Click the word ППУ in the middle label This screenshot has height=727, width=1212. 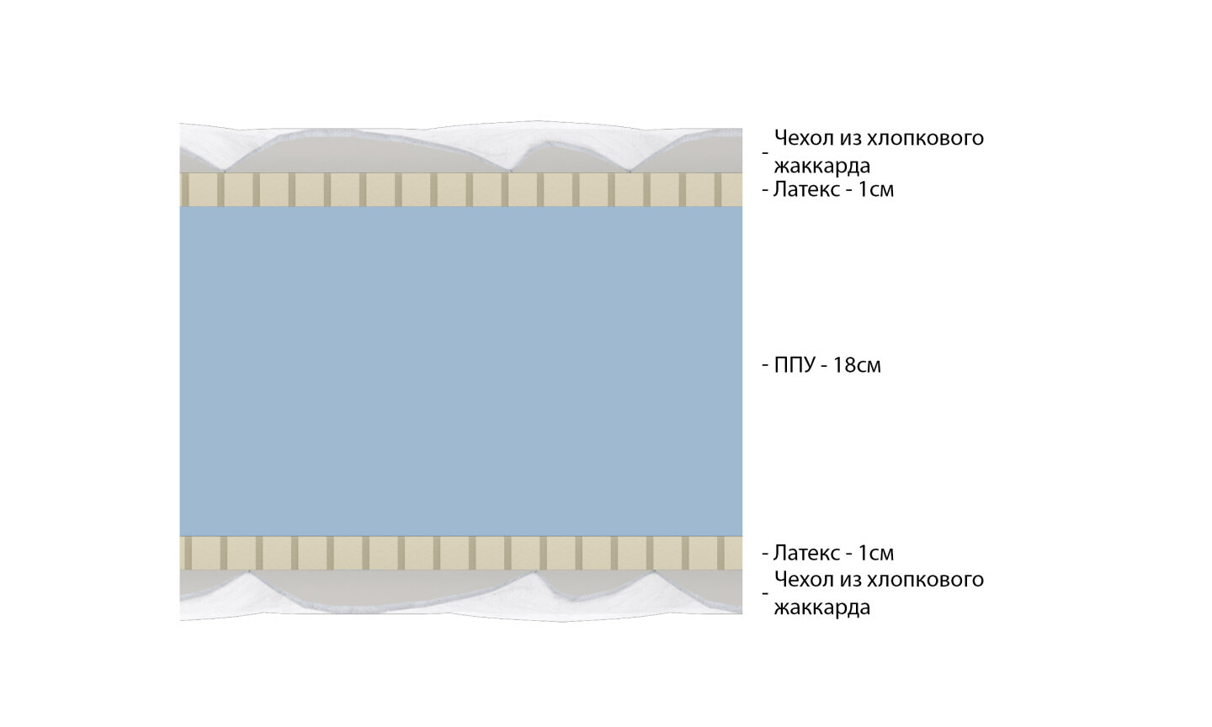click(795, 366)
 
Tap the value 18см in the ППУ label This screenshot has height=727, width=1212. click(857, 366)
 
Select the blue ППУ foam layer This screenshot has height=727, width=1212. click(460, 370)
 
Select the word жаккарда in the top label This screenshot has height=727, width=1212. click(821, 165)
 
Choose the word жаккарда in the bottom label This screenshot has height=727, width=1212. click(821, 608)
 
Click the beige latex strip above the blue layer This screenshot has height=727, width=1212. click(460, 189)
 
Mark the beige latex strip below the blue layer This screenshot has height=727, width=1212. click(460, 552)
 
